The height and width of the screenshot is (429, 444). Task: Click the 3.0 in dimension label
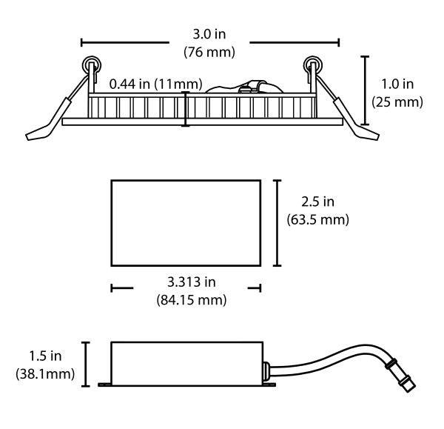click(x=209, y=34)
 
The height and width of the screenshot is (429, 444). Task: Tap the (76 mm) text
click(x=209, y=52)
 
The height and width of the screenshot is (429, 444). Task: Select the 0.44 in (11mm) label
click(x=155, y=84)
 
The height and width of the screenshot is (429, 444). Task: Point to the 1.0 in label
click(x=397, y=84)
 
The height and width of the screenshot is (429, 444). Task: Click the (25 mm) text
click(x=397, y=102)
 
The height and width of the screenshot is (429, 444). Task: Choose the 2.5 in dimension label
click(x=317, y=202)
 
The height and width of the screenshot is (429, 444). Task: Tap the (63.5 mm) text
click(x=317, y=220)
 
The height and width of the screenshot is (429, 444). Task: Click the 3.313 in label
click(x=192, y=282)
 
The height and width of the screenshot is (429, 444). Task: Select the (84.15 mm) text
click(x=192, y=300)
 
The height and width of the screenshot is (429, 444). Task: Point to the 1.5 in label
click(x=45, y=356)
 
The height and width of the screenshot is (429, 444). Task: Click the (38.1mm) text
click(x=45, y=374)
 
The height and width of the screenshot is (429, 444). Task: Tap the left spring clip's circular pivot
click(x=91, y=65)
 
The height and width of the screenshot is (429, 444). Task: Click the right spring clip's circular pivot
click(x=312, y=65)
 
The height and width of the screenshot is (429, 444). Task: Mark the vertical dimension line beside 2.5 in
click(x=277, y=223)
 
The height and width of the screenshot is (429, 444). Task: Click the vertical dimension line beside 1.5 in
click(x=86, y=365)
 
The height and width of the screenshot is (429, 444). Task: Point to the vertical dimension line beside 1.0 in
click(x=366, y=90)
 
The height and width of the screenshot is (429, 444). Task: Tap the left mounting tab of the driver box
click(x=105, y=385)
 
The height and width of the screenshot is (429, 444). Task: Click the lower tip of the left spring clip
click(x=27, y=137)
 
